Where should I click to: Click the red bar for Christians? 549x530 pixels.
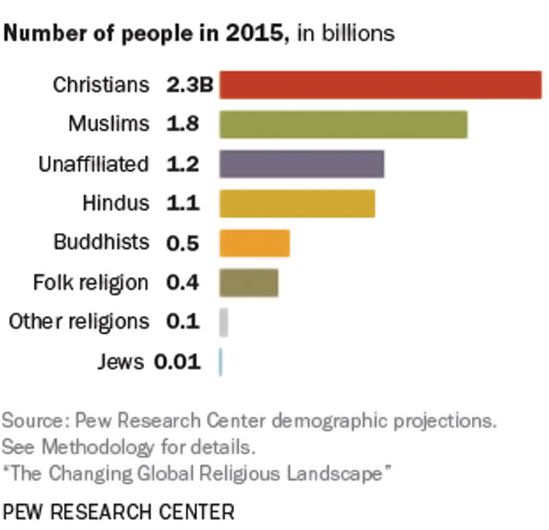pos(380,85)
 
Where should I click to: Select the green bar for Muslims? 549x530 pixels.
pos(343,124)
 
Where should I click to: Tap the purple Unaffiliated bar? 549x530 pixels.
pos(301,164)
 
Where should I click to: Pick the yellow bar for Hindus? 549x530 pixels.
pos(297,204)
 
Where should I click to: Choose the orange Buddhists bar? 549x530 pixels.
pos(254,243)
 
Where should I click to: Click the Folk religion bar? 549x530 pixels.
pos(248,283)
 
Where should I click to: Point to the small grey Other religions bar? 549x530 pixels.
pos(223,322)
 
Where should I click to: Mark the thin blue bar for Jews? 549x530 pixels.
pos(220,362)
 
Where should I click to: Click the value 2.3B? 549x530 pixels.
pos(189,85)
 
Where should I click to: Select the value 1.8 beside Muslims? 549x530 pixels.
pos(183,124)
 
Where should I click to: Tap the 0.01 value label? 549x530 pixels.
pos(177,362)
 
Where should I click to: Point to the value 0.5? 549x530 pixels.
pos(183,243)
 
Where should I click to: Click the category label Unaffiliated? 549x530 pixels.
pos(94,164)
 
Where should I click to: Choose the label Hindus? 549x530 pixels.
pos(115,204)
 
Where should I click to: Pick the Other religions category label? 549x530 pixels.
pos(79,322)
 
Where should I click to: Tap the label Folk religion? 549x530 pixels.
pos(91,283)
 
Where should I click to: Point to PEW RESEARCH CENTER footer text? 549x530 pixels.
pos(119,512)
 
